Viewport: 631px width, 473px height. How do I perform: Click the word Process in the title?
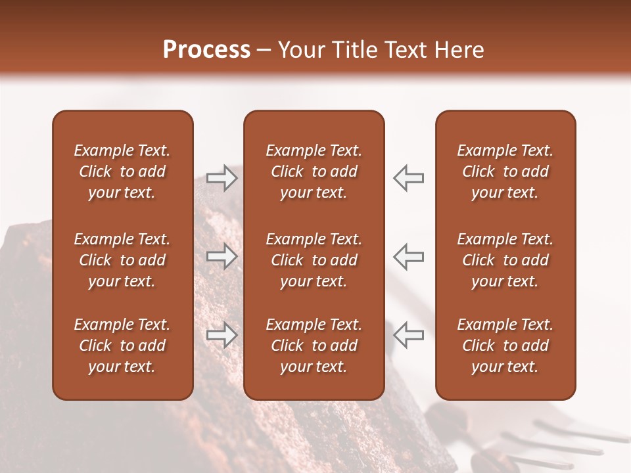(206, 50)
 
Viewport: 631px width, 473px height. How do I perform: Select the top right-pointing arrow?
(222, 178)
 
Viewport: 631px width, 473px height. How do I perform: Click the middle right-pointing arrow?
(222, 256)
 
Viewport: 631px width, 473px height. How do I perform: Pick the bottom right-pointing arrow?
(222, 334)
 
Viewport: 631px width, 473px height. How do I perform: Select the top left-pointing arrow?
(408, 178)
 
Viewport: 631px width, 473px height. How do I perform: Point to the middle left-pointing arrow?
(408, 256)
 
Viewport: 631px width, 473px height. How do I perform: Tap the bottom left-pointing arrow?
(408, 334)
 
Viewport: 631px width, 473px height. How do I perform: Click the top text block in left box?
(122, 171)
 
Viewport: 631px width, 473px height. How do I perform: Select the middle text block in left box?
(122, 260)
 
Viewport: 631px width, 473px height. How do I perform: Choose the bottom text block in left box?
(122, 346)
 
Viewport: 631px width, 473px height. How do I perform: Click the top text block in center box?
(314, 171)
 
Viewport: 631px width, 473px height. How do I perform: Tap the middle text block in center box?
(314, 260)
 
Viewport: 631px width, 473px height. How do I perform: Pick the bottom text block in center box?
(314, 346)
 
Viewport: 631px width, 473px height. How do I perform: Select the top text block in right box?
(505, 171)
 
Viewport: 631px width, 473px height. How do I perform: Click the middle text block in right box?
(505, 260)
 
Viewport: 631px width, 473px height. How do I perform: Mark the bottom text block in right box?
(505, 346)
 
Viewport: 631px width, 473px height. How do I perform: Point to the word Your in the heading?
(299, 50)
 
